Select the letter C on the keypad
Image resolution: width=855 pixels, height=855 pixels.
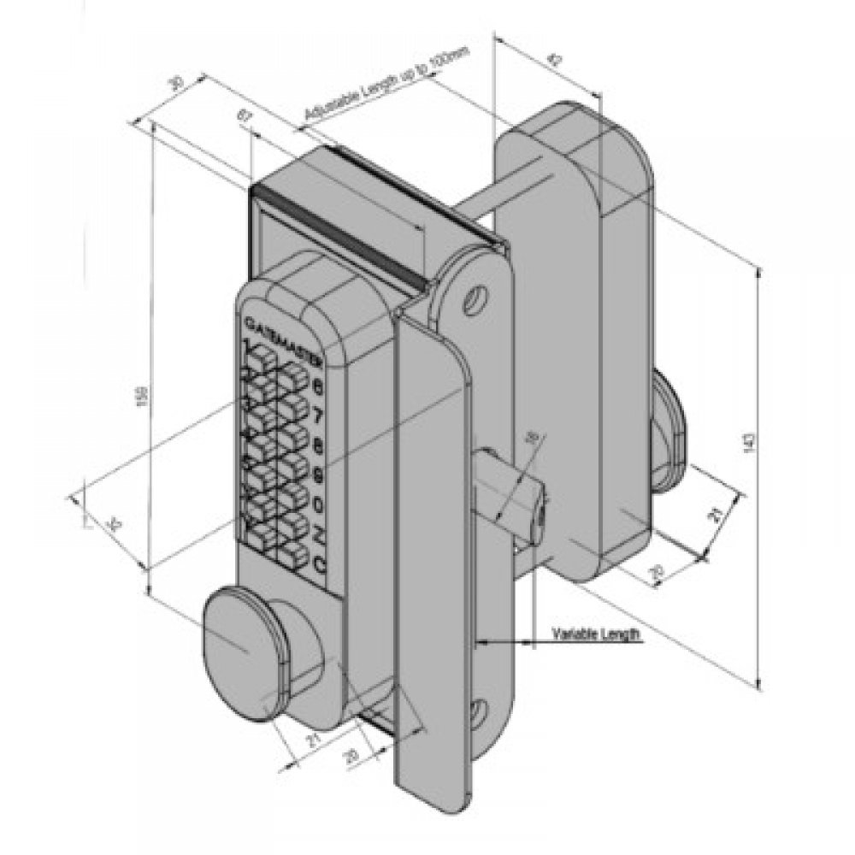click(319, 563)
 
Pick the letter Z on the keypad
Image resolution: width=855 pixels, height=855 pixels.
click(318, 535)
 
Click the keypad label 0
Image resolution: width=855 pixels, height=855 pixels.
click(318, 505)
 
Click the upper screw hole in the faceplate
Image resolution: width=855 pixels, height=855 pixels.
click(473, 300)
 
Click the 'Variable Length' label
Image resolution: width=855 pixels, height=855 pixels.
click(596, 634)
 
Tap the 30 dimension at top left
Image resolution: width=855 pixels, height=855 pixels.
click(176, 83)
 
